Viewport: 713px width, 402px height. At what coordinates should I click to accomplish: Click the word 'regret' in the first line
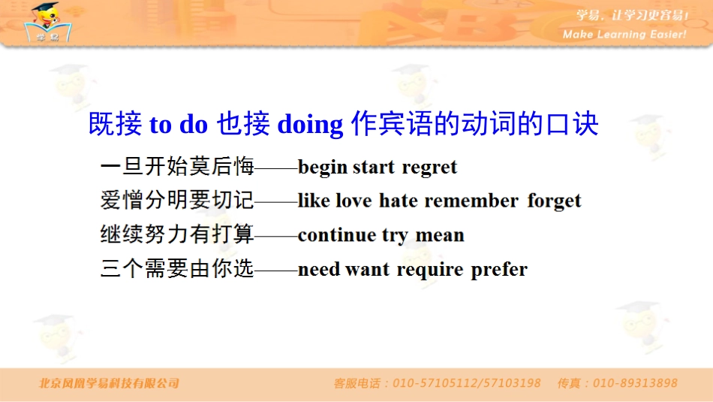(x=429, y=168)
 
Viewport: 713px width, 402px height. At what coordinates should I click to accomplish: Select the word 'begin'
(x=323, y=168)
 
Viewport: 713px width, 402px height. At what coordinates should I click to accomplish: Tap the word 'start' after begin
(x=373, y=168)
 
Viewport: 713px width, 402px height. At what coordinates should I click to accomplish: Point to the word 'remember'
(x=471, y=201)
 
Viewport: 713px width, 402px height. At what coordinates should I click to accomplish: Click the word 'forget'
(x=554, y=201)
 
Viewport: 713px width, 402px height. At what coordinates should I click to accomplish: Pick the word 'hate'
(x=399, y=201)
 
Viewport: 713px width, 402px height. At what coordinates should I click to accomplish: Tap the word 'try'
(x=395, y=236)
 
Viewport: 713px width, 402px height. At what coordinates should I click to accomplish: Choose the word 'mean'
(x=440, y=235)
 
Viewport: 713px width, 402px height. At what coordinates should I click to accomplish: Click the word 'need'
(x=319, y=269)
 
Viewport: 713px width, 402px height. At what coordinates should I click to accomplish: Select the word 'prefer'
(x=499, y=269)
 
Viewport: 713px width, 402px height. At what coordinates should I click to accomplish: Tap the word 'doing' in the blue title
(x=310, y=125)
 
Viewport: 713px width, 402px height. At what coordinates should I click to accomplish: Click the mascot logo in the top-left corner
(x=49, y=23)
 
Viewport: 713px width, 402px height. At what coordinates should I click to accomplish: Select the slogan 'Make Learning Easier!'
(x=624, y=35)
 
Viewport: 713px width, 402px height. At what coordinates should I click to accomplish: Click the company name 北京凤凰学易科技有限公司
(x=110, y=383)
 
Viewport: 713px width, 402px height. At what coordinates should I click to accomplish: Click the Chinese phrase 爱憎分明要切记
(x=177, y=201)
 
